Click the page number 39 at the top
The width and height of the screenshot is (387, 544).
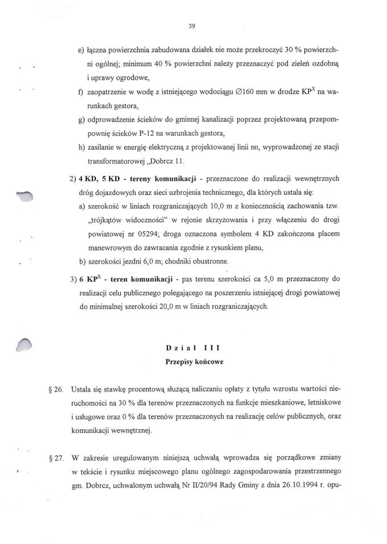pyautogui.click(x=193, y=25)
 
